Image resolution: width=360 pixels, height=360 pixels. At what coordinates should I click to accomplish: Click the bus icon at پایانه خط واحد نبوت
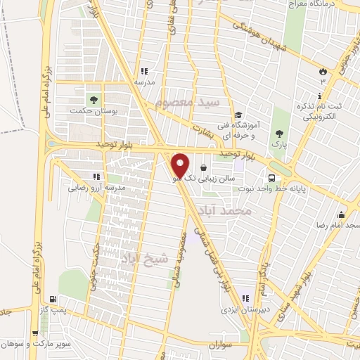click(271, 176)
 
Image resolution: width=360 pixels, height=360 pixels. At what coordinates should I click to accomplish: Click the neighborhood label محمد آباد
click(245, 210)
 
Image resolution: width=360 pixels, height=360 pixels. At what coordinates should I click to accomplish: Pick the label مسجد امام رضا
click(337, 224)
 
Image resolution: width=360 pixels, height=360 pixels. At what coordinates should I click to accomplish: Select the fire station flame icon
click(323, 71)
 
